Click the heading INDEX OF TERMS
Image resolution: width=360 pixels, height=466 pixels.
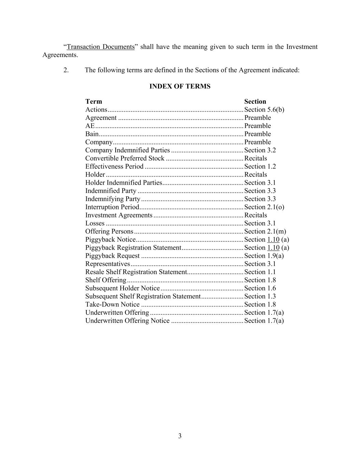[x=180, y=86]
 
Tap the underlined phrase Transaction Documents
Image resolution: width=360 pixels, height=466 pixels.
[x=101, y=47]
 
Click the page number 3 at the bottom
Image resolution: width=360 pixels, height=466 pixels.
[x=180, y=436]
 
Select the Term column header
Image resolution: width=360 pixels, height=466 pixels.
[x=93, y=101]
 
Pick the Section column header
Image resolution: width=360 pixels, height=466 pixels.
[x=255, y=101]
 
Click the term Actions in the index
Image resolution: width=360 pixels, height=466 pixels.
[x=96, y=110]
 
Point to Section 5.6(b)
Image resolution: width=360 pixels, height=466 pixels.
[x=264, y=110]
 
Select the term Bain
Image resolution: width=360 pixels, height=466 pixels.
[x=92, y=134]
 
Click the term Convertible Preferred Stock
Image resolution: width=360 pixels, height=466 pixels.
[x=125, y=158]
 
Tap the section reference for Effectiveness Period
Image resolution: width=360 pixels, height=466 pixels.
[x=260, y=167]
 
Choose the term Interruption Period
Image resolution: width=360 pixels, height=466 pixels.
[x=112, y=207]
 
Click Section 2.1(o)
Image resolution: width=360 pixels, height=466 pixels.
[x=264, y=207]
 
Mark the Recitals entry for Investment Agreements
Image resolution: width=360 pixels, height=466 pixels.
[x=256, y=215]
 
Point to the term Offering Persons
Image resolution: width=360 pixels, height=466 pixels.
[x=109, y=231]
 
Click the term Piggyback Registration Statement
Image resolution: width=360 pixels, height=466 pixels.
[x=133, y=248]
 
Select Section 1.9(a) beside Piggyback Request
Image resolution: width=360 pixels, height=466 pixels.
[x=264, y=256]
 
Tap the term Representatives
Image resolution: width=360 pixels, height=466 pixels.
[x=107, y=264]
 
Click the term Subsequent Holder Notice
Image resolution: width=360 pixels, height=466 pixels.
[x=123, y=288]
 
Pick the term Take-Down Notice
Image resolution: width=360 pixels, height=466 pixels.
[x=112, y=305]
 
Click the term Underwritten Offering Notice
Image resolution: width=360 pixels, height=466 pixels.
[x=127, y=321]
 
